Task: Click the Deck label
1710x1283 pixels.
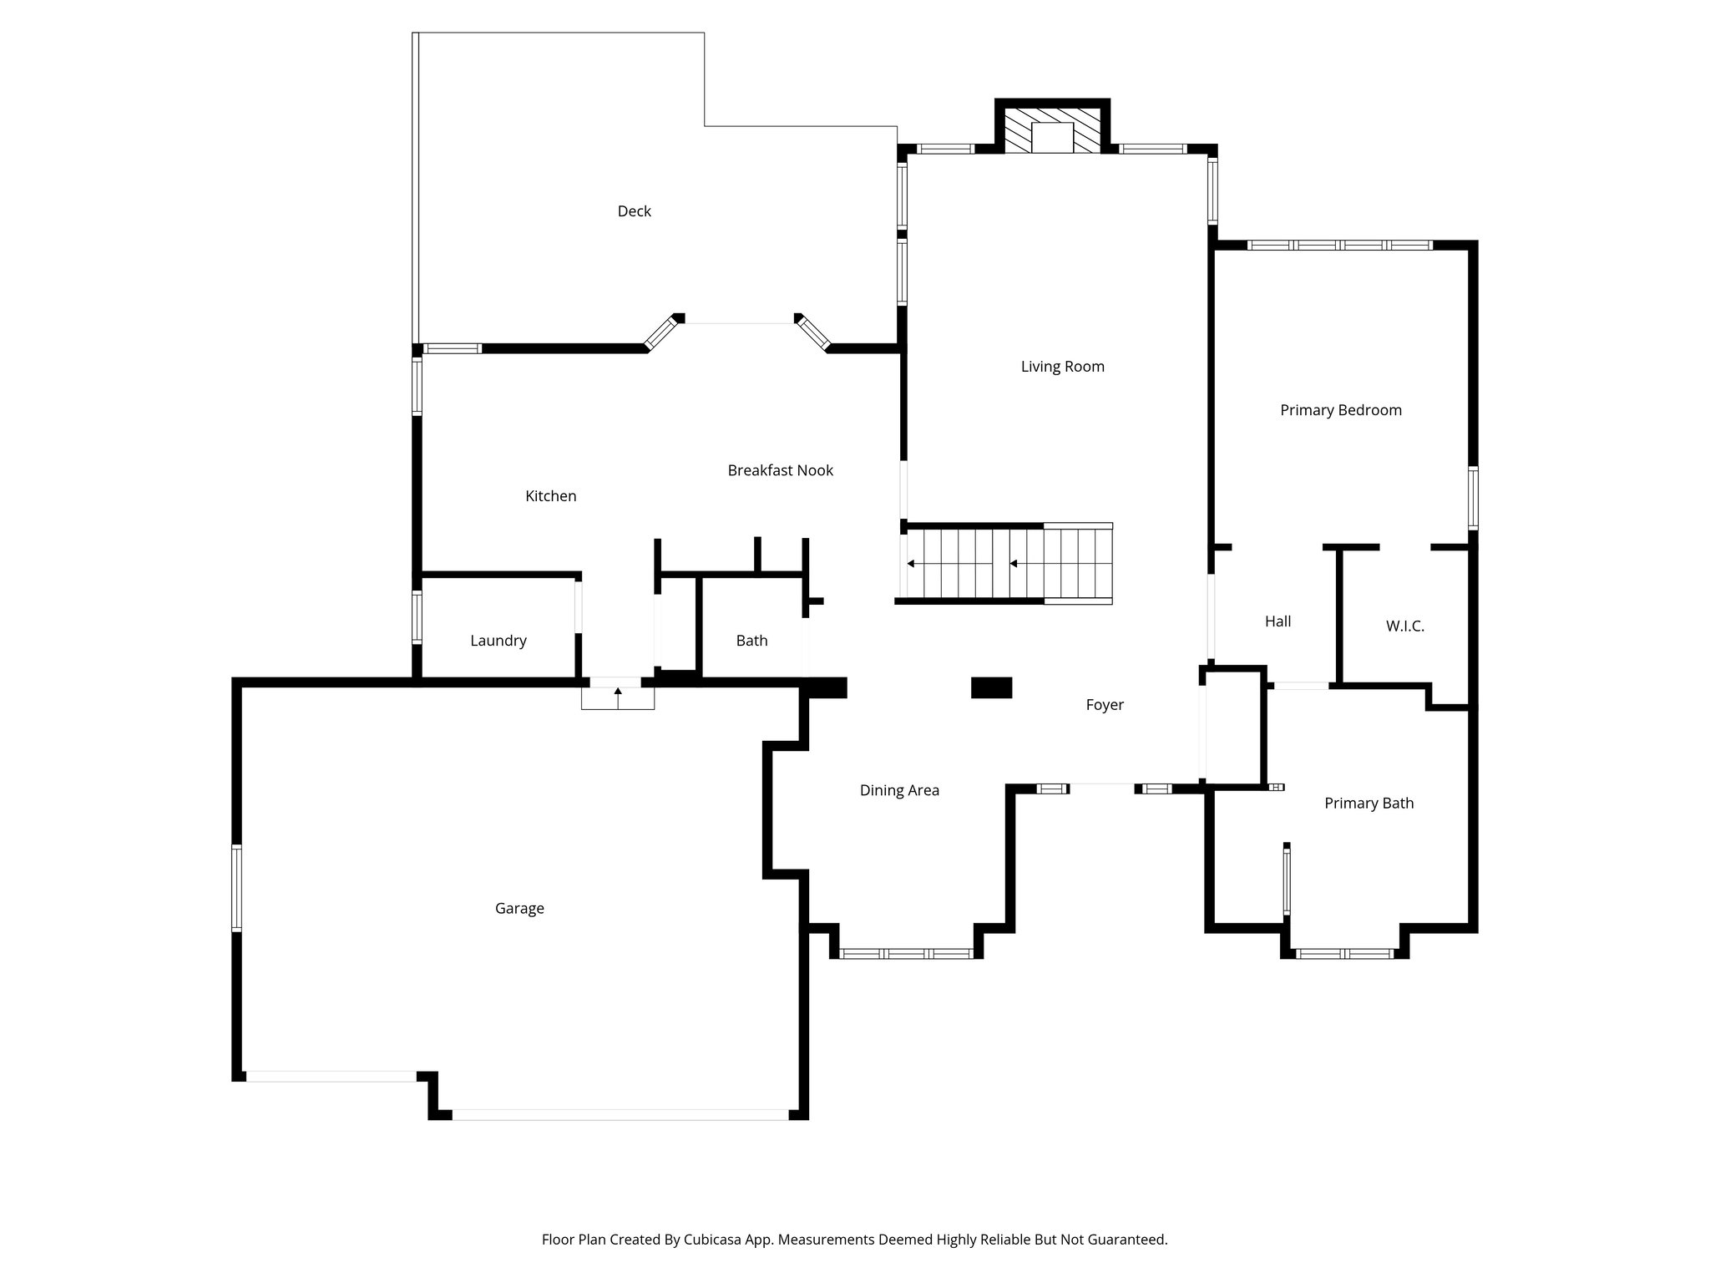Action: [634, 211]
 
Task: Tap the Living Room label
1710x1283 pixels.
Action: [1062, 367]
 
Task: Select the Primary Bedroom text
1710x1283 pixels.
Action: [1340, 410]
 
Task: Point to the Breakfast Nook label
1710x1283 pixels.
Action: [780, 470]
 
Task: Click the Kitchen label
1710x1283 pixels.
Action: [550, 496]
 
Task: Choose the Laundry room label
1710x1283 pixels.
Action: [498, 641]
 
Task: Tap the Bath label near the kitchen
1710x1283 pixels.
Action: [751, 641]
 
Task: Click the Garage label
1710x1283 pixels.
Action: [519, 908]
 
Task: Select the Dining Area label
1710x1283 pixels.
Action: [899, 790]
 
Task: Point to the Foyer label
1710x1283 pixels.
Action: [1104, 705]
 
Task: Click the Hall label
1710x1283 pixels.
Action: [1277, 621]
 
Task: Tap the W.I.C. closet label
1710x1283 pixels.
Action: [1404, 626]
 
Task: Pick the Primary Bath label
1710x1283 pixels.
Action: [1369, 804]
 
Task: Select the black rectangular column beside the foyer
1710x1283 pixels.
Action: [991, 687]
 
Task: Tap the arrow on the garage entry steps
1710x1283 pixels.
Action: [618, 693]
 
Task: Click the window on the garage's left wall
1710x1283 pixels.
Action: [237, 888]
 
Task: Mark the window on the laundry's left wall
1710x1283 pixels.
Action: [417, 617]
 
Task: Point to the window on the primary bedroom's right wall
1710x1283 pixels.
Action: [1473, 498]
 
